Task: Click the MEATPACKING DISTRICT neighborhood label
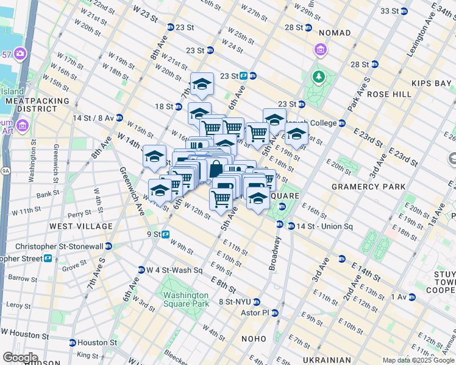pos(29,104)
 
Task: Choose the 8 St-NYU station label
pos(235,302)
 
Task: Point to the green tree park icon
pos(317,76)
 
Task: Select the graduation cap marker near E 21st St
pos(297,136)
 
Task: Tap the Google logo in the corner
pos(20,358)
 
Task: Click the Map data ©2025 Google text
pos(418,360)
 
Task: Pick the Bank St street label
pos(47,195)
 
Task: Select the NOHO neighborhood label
pos(252,338)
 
